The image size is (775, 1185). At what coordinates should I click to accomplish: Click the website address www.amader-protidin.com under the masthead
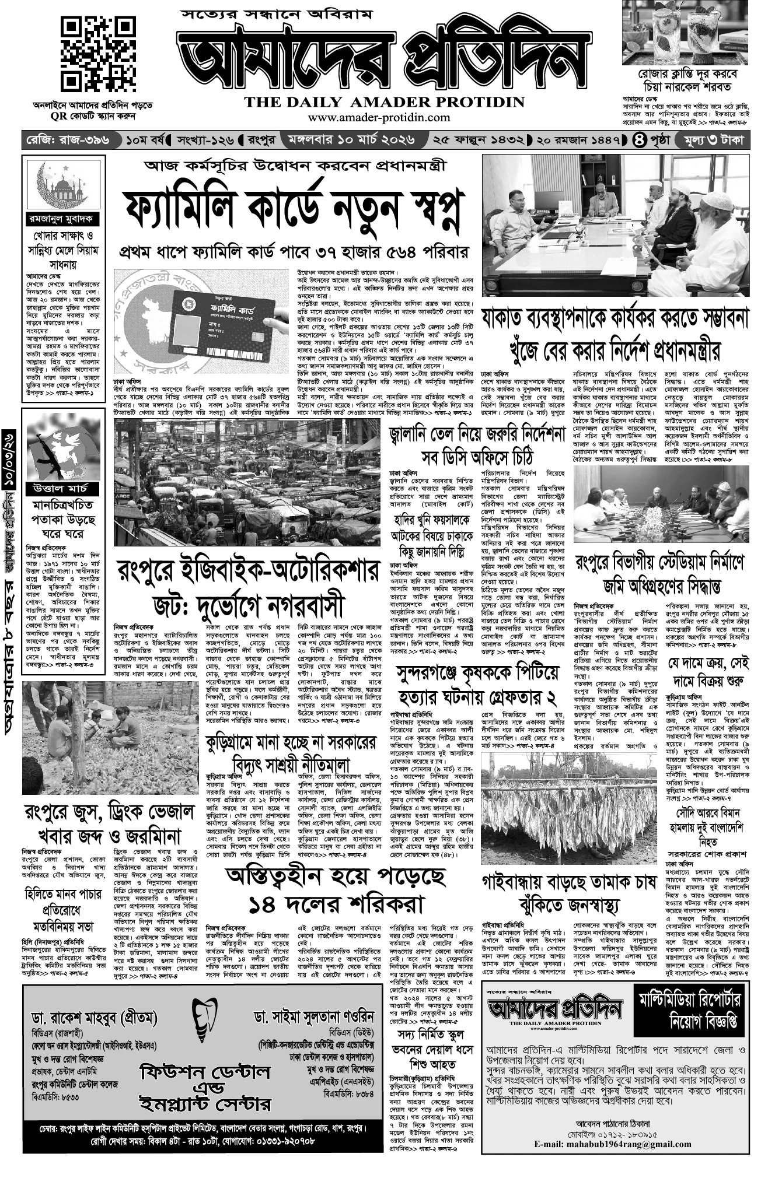379,117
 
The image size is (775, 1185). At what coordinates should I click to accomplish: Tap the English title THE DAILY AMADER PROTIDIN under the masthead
385,102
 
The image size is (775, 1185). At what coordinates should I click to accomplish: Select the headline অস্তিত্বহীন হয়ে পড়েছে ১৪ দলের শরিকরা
335,890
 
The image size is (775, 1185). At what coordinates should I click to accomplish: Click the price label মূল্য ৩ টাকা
710,141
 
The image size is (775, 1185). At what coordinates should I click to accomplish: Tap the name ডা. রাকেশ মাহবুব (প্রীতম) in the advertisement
95,1018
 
